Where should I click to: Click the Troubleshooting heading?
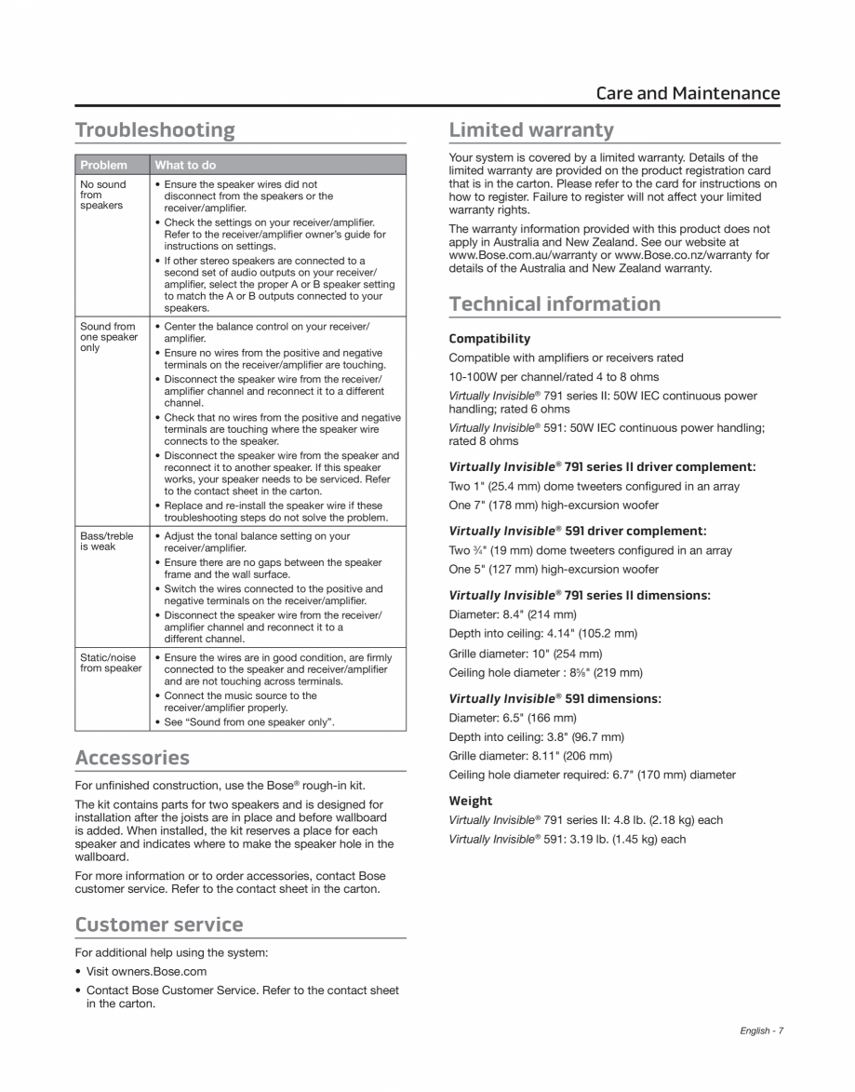coord(154,129)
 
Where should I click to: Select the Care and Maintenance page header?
coord(688,93)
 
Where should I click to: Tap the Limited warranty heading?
coord(531,129)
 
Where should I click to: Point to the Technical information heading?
coord(554,303)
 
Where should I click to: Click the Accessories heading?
coord(132,757)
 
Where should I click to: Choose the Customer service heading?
coord(159,924)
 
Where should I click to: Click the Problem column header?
coord(104,165)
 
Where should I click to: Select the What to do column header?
coord(185,165)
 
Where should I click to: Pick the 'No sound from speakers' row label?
coord(103,195)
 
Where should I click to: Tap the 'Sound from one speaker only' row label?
coord(108,337)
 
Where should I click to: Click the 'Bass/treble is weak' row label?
coord(106,541)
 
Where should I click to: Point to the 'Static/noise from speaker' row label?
coord(111,663)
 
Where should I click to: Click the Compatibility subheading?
coord(489,338)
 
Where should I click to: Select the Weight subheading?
coord(471,801)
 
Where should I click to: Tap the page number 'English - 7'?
coord(762,1031)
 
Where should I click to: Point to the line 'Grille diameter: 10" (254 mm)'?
coord(526,654)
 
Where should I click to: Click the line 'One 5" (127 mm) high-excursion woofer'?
coord(554,570)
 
